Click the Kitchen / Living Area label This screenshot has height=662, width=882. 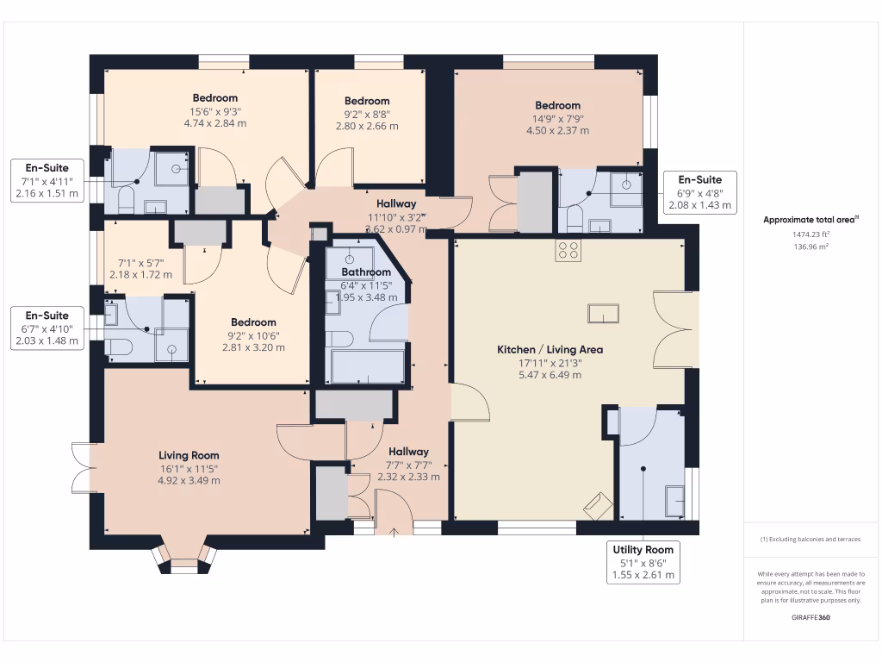tap(550, 350)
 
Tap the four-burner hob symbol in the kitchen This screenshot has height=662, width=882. tap(568, 251)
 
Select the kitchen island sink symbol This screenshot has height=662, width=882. tap(603, 314)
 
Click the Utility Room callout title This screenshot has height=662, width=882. tap(643, 549)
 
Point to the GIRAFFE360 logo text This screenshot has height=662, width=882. tap(811, 617)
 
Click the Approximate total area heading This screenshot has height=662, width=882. tap(811, 220)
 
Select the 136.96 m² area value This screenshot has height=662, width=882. tap(811, 247)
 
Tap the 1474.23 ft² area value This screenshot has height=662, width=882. tap(811, 234)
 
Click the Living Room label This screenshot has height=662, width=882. tap(189, 455)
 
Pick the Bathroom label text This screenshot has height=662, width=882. tap(366, 272)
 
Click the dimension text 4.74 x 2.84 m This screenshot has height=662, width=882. tap(214, 123)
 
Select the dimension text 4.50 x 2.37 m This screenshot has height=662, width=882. tap(558, 131)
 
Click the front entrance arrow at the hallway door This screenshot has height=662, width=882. tap(394, 532)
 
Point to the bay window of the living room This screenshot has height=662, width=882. tap(184, 559)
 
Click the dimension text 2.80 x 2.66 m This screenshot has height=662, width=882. tap(367, 126)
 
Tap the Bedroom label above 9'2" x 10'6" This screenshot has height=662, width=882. tap(254, 322)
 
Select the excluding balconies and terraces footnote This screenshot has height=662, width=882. tap(811, 540)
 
